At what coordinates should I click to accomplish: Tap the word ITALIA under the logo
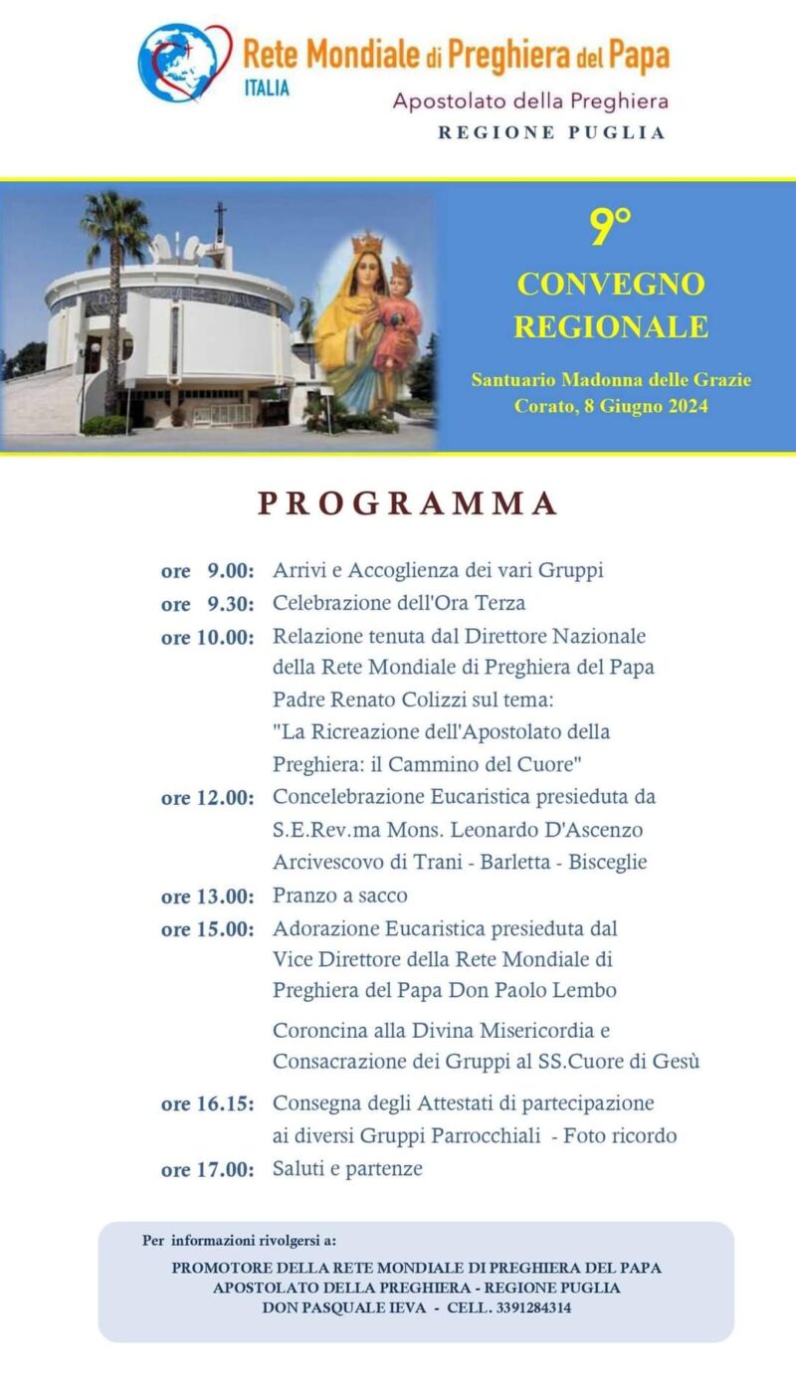[267, 89]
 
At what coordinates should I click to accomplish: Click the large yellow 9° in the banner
[611, 229]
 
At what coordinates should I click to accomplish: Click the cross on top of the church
[219, 220]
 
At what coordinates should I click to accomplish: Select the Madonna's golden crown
[368, 242]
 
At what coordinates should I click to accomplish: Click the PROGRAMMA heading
[407, 503]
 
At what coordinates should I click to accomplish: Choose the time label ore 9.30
[208, 604]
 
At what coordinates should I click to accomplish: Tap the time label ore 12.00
[208, 798]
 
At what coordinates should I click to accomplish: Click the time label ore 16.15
[208, 1103]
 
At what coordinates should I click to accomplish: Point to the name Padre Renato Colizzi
[373, 699]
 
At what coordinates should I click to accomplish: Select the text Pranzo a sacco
[340, 896]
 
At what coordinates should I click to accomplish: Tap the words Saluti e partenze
[347, 1168]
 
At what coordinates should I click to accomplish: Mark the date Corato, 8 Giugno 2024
[611, 406]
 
